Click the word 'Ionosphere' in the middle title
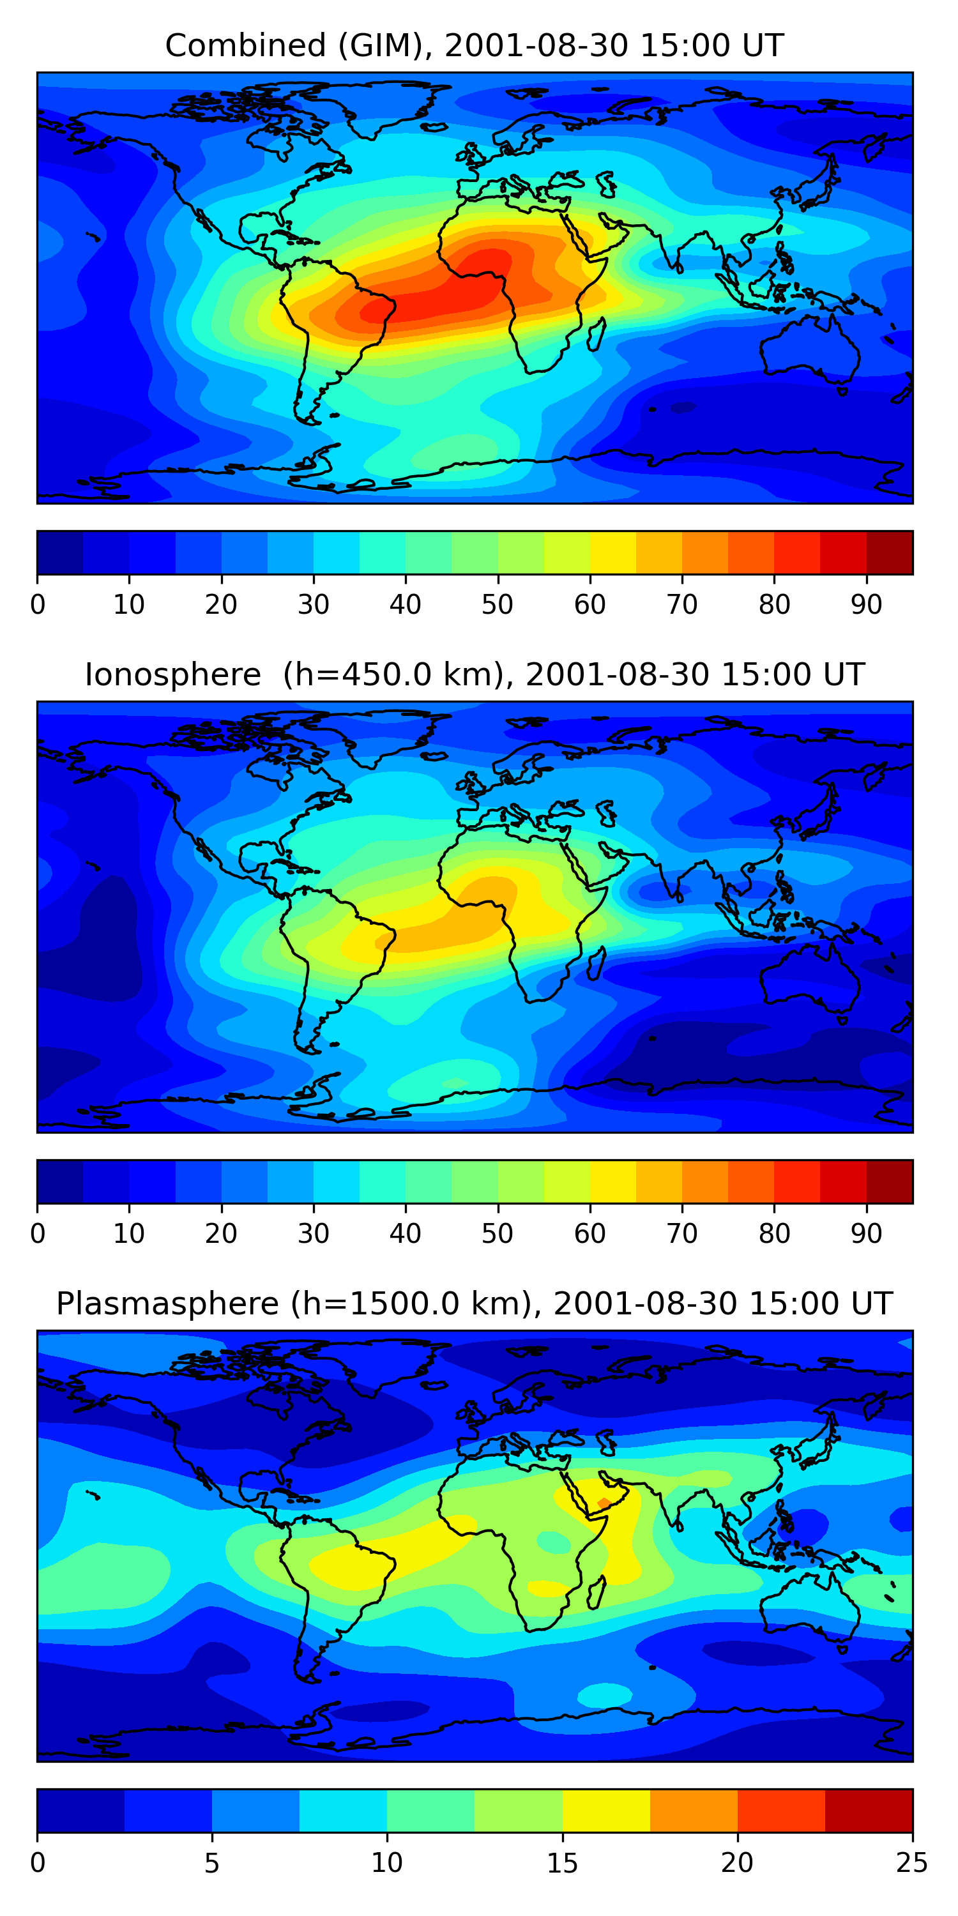point(172,675)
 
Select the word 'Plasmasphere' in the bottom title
point(167,1304)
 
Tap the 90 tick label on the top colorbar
point(867,605)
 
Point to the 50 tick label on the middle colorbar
point(498,1234)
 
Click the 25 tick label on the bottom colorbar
point(912,1862)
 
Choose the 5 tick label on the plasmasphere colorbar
point(212,1862)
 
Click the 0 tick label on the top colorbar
point(38,605)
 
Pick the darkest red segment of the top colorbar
point(890,552)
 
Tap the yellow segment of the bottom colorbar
point(606,1811)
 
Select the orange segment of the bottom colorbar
point(694,1811)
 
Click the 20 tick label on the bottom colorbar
point(737,1862)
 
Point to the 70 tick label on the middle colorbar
point(682,1234)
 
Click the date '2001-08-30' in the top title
point(537,46)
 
